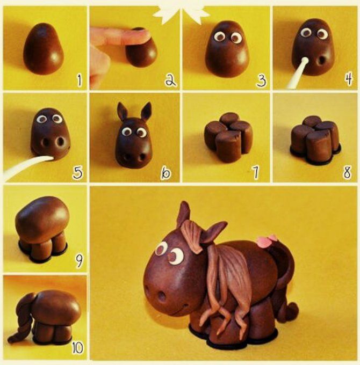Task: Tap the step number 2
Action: [x=170, y=81]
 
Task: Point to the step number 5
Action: [x=77, y=173]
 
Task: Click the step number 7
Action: [x=256, y=173]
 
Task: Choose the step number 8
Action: [x=347, y=172]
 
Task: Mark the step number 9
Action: [x=79, y=260]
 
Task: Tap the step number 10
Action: [x=77, y=348]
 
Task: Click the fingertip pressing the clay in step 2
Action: [x=140, y=35]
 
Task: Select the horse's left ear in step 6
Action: [x=121, y=111]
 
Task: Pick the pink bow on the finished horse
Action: [x=267, y=240]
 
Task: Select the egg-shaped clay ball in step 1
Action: [x=43, y=48]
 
